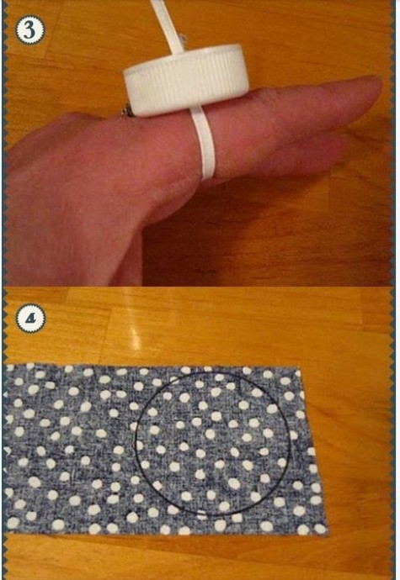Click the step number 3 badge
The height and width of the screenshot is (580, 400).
tap(29, 30)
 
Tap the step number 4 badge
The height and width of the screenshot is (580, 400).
tap(30, 318)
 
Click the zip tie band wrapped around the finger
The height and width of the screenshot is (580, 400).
tap(203, 144)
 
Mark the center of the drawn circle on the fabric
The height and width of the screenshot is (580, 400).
tap(213, 444)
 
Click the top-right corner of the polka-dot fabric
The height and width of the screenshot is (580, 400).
tap(301, 367)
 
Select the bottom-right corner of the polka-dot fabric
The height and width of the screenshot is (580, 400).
tap(328, 534)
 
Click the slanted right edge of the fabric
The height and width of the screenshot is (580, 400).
tap(314, 451)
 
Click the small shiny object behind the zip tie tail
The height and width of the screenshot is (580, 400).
tap(183, 38)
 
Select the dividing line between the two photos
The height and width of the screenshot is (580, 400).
tap(200, 287)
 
